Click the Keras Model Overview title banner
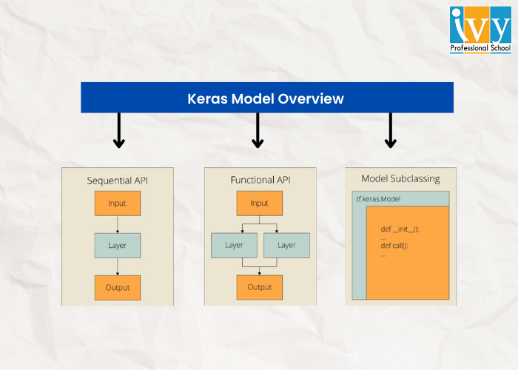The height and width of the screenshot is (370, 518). (266, 98)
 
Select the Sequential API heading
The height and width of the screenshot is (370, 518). (117, 181)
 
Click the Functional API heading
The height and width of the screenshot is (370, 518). (259, 181)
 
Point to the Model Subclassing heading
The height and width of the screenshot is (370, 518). (400, 178)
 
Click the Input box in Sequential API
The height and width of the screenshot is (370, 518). (117, 203)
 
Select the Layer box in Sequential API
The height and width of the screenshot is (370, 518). (117, 245)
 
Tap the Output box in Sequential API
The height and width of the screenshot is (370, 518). (117, 287)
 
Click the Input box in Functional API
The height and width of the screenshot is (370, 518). (259, 203)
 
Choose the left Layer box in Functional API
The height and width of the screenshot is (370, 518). (234, 245)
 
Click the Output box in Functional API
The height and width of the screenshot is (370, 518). (259, 287)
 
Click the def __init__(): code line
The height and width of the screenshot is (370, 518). (400, 229)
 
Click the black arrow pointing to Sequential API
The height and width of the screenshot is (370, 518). (118, 131)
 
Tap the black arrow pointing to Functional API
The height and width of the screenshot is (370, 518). (258, 131)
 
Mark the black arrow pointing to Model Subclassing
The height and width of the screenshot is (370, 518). (391, 131)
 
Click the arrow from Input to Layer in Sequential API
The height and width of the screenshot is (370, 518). (117, 224)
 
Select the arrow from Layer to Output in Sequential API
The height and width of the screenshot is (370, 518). (117, 266)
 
